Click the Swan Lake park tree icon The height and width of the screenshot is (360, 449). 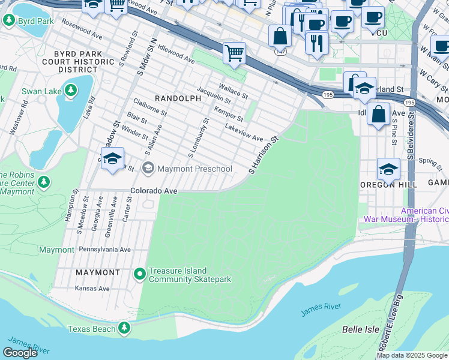(x=71, y=91)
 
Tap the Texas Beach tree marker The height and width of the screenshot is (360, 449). (x=124, y=328)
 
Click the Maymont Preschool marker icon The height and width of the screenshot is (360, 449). (x=148, y=169)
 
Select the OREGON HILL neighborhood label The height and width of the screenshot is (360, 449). (x=383, y=185)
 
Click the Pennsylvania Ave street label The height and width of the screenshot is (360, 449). (x=104, y=250)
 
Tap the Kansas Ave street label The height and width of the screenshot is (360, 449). (x=92, y=288)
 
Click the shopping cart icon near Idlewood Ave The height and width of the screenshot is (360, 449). (x=234, y=53)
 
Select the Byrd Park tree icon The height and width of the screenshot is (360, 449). (x=9, y=20)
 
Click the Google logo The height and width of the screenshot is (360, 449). (x=20, y=353)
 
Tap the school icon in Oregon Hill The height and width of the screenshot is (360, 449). (x=388, y=169)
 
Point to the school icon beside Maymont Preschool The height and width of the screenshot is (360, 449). (x=112, y=159)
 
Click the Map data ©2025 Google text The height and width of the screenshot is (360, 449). (x=411, y=355)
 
